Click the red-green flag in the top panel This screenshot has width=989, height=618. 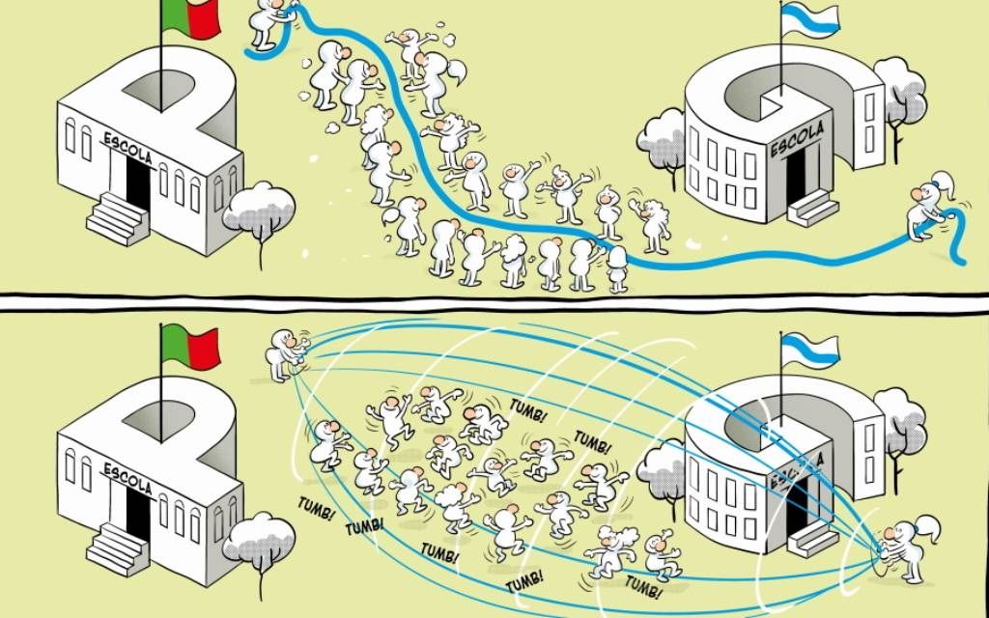(x=191, y=17)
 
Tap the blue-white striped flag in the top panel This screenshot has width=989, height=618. (x=810, y=20)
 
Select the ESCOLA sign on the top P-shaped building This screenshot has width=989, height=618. (x=128, y=148)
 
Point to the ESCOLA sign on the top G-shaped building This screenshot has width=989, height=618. (x=798, y=140)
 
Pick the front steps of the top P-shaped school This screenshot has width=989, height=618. (x=117, y=219)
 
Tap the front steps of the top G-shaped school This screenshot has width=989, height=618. (x=812, y=209)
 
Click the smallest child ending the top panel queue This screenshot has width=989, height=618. (x=617, y=270)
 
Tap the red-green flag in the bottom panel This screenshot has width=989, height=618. (x=191, y=347)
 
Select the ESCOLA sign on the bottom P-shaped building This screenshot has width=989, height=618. (x=128, y=479)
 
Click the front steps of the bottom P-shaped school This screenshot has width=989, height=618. (x=117, y=549)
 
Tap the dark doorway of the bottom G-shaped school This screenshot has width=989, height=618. (x=797, y=504)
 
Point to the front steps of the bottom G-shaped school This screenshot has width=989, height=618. (x=812, y=539)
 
